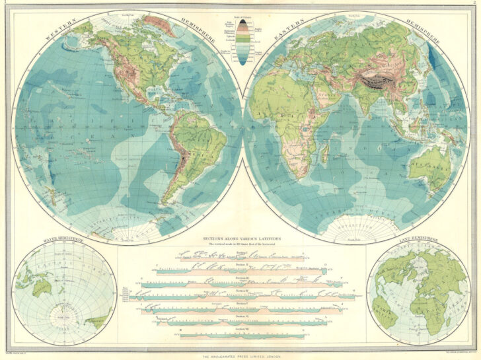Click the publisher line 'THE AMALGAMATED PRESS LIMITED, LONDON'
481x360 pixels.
tap(240, 355)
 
